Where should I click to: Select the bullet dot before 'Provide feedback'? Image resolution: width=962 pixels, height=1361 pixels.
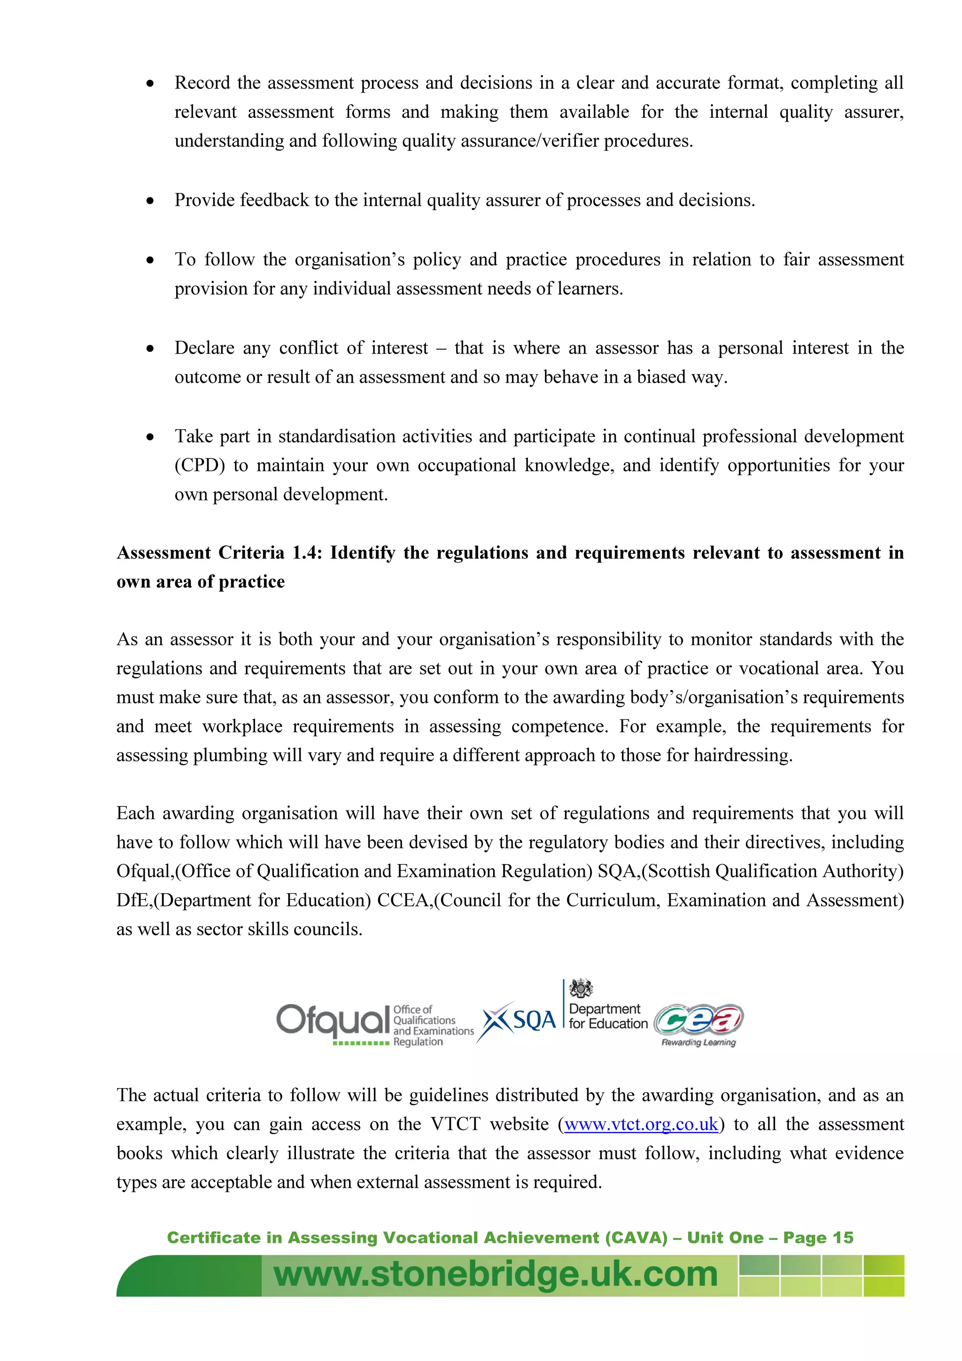pyautogui.click(x=151, y=201)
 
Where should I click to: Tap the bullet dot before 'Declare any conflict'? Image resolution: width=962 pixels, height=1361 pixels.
pyautogui.click(x=151, y=349)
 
